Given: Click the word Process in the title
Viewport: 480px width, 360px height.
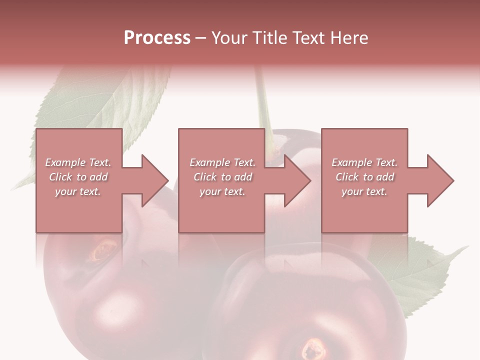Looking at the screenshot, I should (157, 37).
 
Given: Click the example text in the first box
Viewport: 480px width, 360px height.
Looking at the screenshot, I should (78, 177).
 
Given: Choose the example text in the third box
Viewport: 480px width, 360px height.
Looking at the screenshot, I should (364, 177).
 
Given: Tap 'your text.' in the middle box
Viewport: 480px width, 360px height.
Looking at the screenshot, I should (222, 191).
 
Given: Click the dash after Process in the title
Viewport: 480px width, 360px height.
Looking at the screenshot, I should (201, 38).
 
